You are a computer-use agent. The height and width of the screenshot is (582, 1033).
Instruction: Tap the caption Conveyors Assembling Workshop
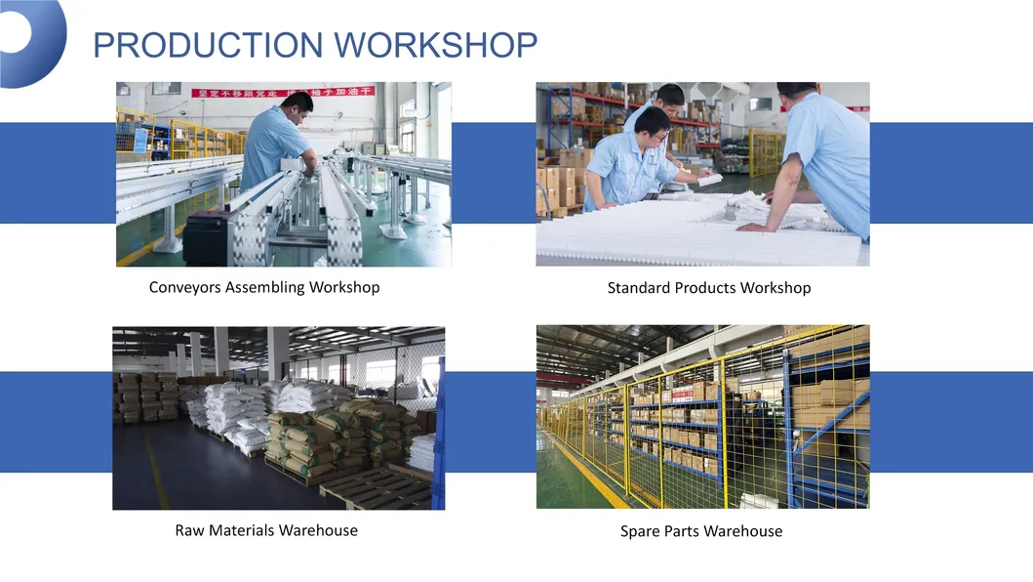[x=264, y=287]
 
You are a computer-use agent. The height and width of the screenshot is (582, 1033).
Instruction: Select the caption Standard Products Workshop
[x=708, y=288]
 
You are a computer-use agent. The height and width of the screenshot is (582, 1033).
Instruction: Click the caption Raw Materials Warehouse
[x=266, y=530]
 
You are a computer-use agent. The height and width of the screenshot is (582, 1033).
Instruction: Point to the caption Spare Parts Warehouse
[x=701, y=531]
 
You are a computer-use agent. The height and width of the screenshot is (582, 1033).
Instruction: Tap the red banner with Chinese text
[x=282, y=92]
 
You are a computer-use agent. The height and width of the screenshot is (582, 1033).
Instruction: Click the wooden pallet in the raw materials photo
[x=376, y=488]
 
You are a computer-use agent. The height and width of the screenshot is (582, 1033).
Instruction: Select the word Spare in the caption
[x=640, y=531]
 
